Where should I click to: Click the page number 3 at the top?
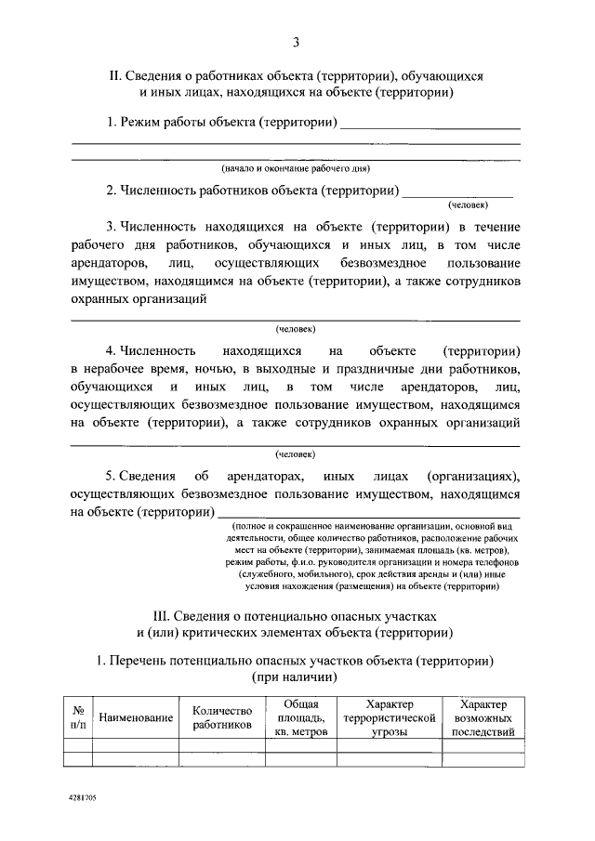coord(296,42)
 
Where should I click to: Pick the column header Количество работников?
coord(222,717)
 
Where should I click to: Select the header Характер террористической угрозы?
coord(390,718)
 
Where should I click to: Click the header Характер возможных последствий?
coord(483,718)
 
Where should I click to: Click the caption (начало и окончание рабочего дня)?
coord(296,169)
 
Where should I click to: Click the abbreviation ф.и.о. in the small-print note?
coord(298,562)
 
